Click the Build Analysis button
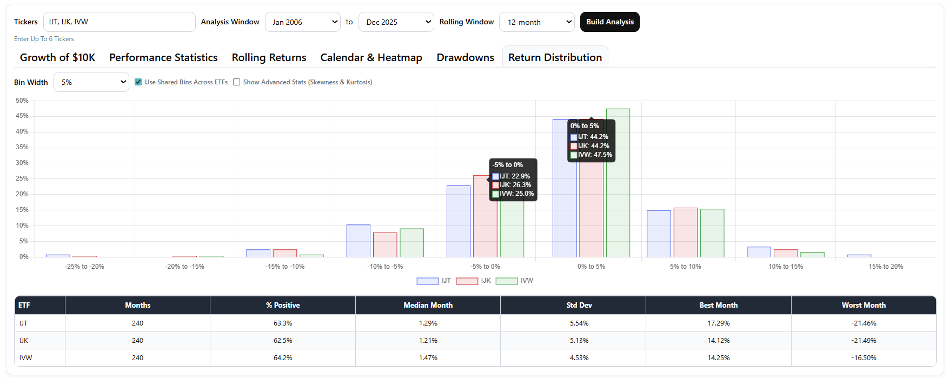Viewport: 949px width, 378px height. [x=609, y=22]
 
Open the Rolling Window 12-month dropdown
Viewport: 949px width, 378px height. [x=536, y=22]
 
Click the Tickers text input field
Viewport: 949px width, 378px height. [x=119, y=22]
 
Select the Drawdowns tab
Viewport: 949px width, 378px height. [x=465, y=57]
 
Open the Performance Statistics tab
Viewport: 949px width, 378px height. [x=163, y=57]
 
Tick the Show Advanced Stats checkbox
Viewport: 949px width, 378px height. [x=237, y=82]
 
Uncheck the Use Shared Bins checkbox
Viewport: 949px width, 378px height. [x=138, y=82]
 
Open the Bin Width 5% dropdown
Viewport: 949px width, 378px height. [x=91, y=82]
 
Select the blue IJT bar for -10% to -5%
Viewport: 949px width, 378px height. [x=359, y=241]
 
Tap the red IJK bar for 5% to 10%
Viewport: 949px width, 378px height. [x=686, y=233]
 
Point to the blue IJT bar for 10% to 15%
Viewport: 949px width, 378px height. [x=759, y=252]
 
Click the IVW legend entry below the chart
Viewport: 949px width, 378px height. [x=514, y=281]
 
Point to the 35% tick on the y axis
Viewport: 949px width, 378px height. [x=22, y=147]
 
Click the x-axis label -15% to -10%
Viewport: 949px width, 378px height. [x=285, y=267]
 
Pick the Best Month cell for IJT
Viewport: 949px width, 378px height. [x=718, y=323]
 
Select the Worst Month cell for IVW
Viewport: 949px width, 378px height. [x=864, y=358]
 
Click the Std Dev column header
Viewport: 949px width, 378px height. [x=579, y=306]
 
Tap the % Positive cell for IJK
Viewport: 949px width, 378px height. [x=283, y=341]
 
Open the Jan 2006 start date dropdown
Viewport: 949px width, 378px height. [x=303, y=22]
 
